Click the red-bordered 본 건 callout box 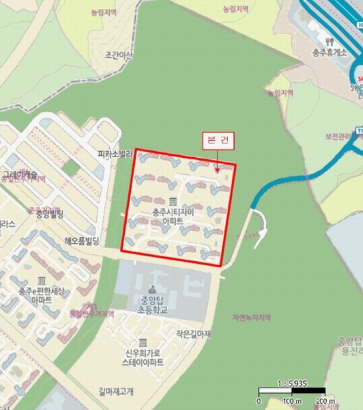pyautogui.click(x=219, y=141)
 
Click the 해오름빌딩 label pyautogui.click(x=82, y=241)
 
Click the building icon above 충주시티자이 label pyautogui.click(x=172, y=202)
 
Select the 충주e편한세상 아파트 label pyautogui.click(x=42, y=296)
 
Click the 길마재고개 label pyautogui.click(x=116, y=392)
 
